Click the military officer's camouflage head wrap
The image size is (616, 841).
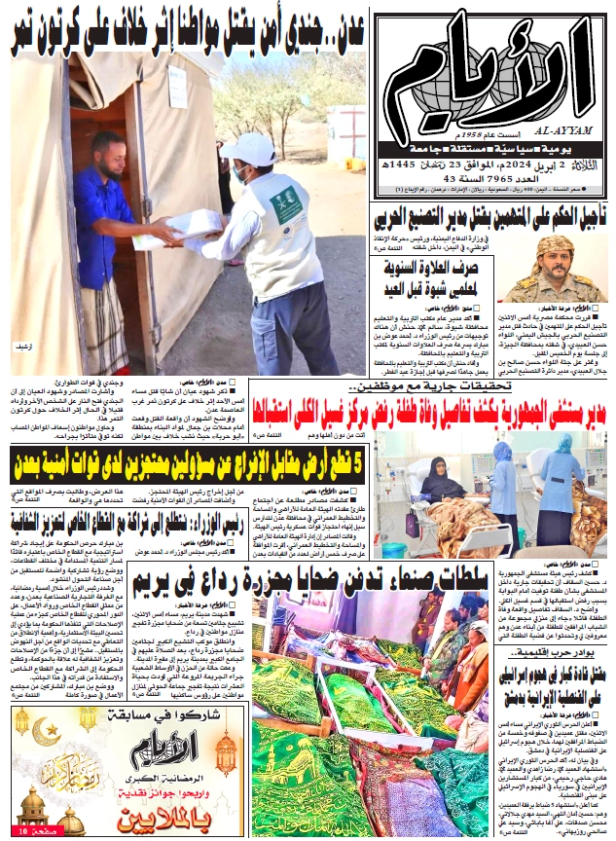(x=556, y=243)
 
